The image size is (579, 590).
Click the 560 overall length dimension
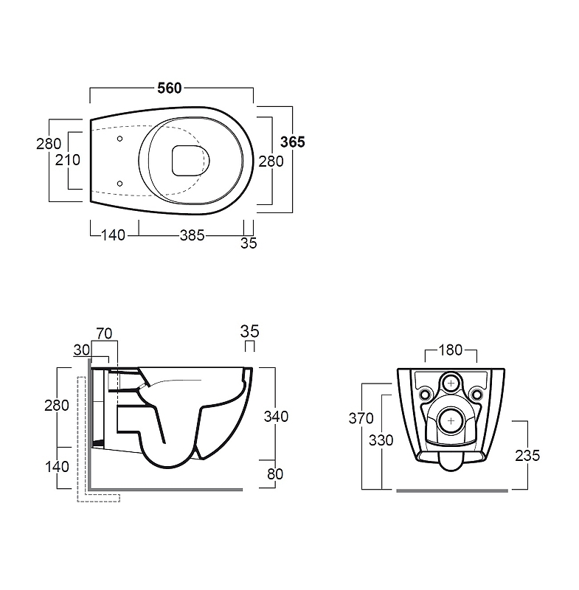pyautogui.click(x=170, y=88)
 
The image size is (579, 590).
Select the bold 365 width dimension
pyautogui.click(x=293, y=142)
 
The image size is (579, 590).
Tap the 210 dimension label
pyautogui.click(x=68, y=160)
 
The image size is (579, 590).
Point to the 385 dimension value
pyautogui.click(x=193, y=235)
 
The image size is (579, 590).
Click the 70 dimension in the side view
pyautogui.click(x=104, y=333)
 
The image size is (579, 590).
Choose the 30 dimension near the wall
pyautogui.click(x=82, y=350)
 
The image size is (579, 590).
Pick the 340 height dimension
pyautogui.click(x=276, y=417)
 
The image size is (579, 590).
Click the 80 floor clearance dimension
pyautogui.click(x=275, y=474)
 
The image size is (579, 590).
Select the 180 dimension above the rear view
pyautogui.click(x=451, y=350)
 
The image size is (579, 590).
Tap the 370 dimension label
pyautogui.click(x=361, y=418)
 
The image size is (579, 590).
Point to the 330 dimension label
pyautogui.click(x=381, y=440)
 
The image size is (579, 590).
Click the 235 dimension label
pyautogui.click(x=527, y=456)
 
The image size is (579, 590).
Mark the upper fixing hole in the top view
pyautogui.click(x=119, y=139)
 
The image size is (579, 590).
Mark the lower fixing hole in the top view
pyautogui.click(x=119, y=184)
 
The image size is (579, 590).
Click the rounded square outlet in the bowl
pyautogui.click(x=186, y=161)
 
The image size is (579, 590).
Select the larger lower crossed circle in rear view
pyautogui.click(x=451, y=420)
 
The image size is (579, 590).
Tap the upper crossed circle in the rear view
pyautogui.click(x=451, y=383)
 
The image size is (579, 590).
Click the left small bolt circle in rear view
pyautogui.click(x=425, y=395)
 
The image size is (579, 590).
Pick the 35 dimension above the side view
pyautogui.click(x=250, y=331)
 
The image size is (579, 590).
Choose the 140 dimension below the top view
pyautogui.click(x=114, y=235)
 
